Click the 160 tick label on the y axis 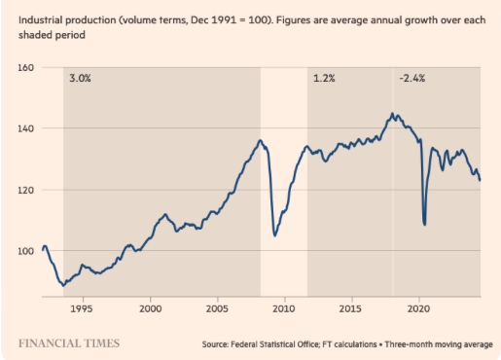(25, 68)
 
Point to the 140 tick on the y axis (25, 128)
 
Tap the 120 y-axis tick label (25, 190)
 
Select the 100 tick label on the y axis (25, 251)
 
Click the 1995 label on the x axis (83, 308)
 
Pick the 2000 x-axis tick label (150, 308)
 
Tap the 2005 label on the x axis (216, 308)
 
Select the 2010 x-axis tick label (283, 308)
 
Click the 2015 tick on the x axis (350, 308)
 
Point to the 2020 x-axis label (417, 308)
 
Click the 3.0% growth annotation (79, 78)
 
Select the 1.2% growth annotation (323, 78)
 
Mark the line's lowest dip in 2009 (275, 235)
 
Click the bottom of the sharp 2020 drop (424, 225)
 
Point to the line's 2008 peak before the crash (260, 140)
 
